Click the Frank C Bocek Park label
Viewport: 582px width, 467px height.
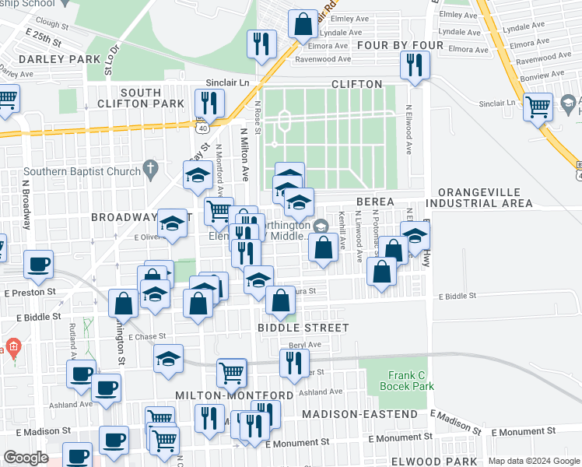click(405, 381)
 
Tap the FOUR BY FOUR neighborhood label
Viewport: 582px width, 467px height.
click(398, 45)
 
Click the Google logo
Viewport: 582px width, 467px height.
click(26, 458)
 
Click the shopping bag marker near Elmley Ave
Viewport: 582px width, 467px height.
click(302, 24)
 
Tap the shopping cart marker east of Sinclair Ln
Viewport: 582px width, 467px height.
click(538, 107)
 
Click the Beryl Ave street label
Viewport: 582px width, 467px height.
click(305, 345)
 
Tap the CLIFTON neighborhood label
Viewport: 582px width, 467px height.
click(356, 84)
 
